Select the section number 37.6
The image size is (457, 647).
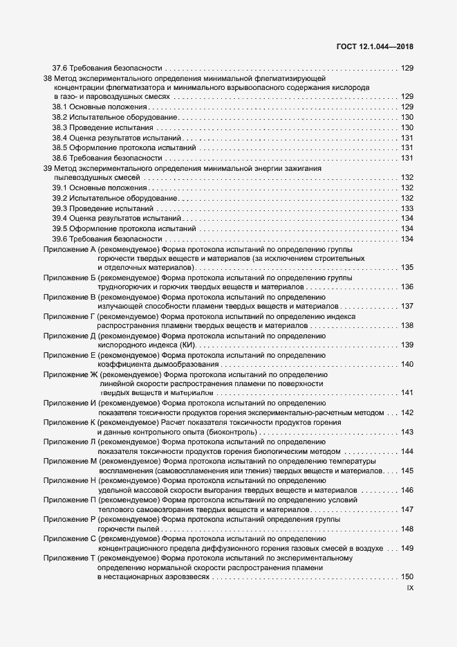[x=60, y=68]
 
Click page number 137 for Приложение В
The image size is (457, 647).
[x=407, y=306]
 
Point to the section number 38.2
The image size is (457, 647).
[x=60, y=118]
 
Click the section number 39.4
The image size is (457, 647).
[x=60, y=218]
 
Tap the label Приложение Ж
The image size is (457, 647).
[x=70, y=374]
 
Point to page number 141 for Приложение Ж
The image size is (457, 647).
[x=407, y=393]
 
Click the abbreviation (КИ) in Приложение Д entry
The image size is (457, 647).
[x=187, y=345]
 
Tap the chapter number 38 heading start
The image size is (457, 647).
[x=47, y=78]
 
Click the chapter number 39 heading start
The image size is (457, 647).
[x=47, y=168]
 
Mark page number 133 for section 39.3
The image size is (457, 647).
[x=407, y=208]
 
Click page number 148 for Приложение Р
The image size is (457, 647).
[x=407, y=529]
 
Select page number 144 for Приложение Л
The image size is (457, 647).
[x=407, y=451]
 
